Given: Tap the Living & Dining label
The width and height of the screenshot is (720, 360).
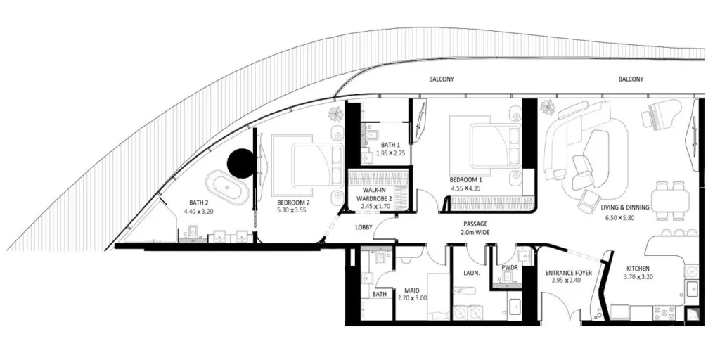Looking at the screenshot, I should point(625,207).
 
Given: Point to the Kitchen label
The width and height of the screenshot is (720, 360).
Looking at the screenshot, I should point(637,269).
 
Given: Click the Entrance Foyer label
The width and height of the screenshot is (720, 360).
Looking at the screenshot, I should point(568,273).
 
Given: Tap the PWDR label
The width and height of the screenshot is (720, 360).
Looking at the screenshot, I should point(510,268).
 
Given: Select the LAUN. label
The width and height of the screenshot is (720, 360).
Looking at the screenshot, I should point(472,273).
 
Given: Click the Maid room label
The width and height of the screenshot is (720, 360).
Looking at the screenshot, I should point(411,290).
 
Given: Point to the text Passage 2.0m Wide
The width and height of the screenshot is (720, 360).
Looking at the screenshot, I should point(476,228).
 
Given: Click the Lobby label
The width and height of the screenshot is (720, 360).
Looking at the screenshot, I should point(364,227).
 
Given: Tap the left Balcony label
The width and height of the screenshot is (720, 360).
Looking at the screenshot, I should point(442,79).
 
